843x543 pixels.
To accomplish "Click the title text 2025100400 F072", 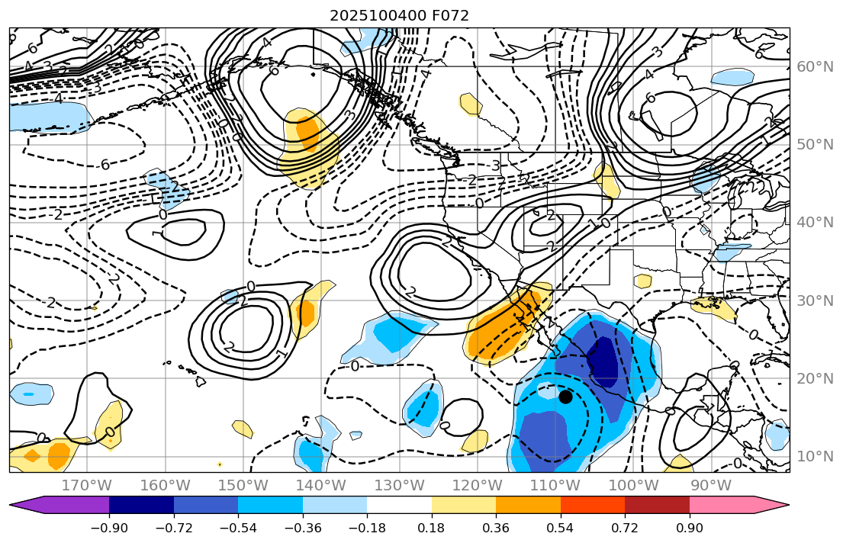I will pyautogui.click(x=399, y=15).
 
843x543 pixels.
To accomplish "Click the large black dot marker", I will pyautogui.click(x=565, y=397).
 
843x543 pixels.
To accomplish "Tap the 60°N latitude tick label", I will pyautogui.click(x=815, y=67).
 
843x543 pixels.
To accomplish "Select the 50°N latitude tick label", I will pyautogui.click(x=815, y=145).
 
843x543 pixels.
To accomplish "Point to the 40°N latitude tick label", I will pyautogui.click(x=815, y=222).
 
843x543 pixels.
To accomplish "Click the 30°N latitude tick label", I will pyautogui.click(x=815, y=300).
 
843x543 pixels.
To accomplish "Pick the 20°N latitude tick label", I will pyautogui.click(x=815, y=378).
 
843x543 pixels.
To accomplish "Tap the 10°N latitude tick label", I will pyautogui.click(x=815, y=456).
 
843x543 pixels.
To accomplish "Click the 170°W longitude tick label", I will pyautogui.click(x=87, y=485).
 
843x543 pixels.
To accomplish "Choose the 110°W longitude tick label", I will pyautogui.click(x=555, y=485).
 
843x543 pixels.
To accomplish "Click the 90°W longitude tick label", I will pyautogui.click(x=710, y=485).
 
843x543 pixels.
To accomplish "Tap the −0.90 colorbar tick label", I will pyautogui.click(x=109, y=529).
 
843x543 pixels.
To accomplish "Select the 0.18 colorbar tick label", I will pyautogui.click(x=432, y=529).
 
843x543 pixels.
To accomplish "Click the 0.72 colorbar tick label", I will pyautogui.click(x=625, y=529).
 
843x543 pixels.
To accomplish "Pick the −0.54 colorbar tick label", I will pyautogui.click(x=238, y=529).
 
